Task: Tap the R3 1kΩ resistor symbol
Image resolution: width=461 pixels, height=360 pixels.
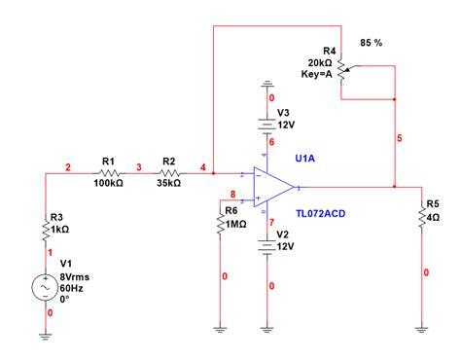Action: tap(46, 230)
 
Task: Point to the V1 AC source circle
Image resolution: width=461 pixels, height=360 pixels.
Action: tap(46, 287)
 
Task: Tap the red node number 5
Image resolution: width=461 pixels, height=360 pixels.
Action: tap(400, 138)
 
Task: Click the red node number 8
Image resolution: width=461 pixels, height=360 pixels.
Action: tap(233, 194)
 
